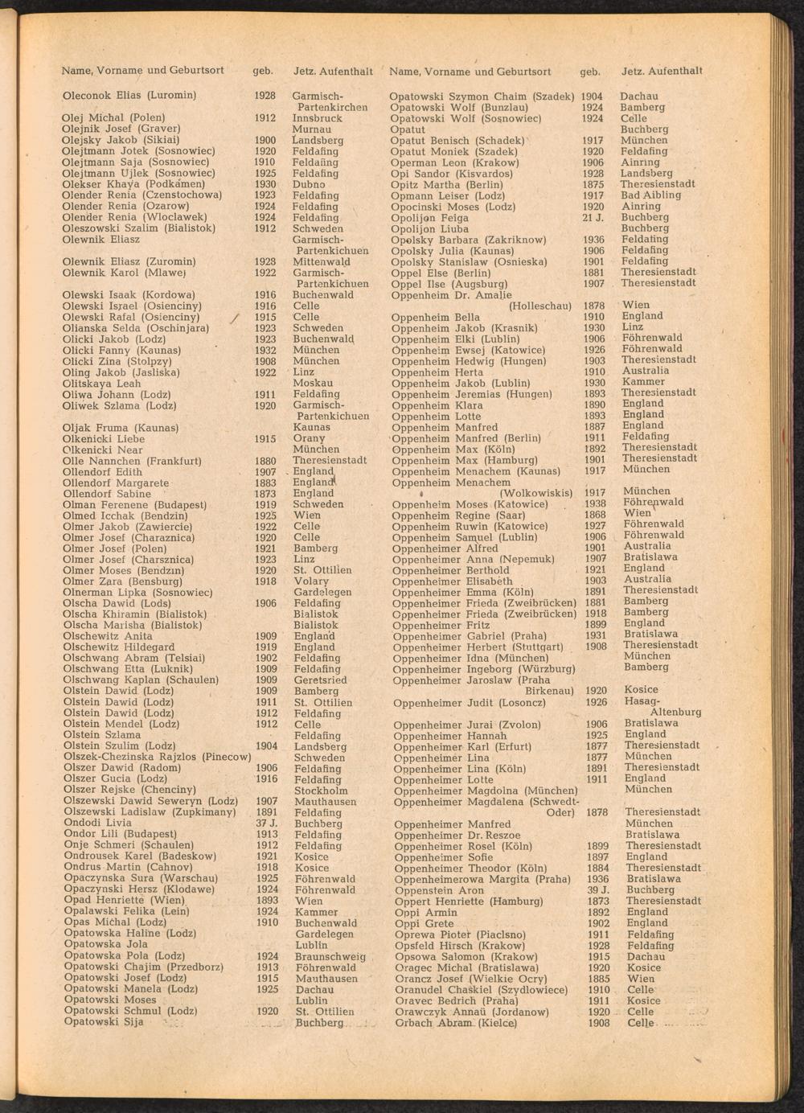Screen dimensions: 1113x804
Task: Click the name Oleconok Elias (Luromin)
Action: [x=129, y=95]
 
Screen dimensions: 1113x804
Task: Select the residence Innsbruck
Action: [x=317, y=117]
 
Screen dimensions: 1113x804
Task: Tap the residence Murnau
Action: [x=311, y=129]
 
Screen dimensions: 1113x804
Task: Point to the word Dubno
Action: [x=309, y=184]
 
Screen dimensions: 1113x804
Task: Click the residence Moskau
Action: [x=313, y=383]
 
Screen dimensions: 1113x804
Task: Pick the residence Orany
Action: [x=310, y=438]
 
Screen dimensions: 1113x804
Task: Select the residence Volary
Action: [x=311, y=581]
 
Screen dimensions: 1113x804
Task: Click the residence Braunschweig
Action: [x=330, y=956]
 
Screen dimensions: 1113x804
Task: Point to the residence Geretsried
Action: [x=320, y=680]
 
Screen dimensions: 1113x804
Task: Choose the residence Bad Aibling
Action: [x=650, y=195]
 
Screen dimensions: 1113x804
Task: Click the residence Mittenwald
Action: [x=321, y=261]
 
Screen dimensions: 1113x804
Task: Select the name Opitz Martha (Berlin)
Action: [x=446, y=184]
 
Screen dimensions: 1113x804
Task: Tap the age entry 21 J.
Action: [x=593, y=217]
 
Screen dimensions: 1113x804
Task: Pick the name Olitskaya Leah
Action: [x=101, y=384]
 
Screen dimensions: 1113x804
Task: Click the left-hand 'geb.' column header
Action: [x=263, y=71]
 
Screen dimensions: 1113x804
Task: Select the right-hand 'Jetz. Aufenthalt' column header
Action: [x=662, y=72]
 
